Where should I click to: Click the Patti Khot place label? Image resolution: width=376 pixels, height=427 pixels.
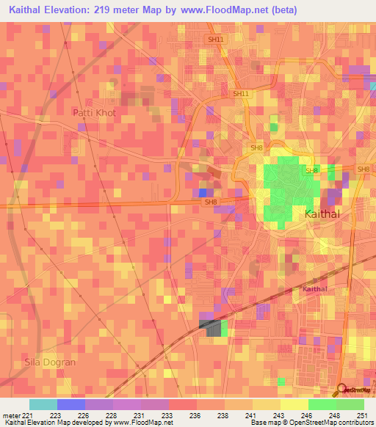coord(94,112)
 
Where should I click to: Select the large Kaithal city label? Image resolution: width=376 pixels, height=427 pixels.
coord(322,214)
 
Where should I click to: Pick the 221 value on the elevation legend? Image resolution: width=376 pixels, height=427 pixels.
coord(28,415)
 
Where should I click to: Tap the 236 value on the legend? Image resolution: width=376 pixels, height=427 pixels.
coord(195,415)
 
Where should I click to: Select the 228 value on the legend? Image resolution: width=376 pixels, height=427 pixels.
coord(112,415)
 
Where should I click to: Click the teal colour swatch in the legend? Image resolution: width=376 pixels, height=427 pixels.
coord(43,404)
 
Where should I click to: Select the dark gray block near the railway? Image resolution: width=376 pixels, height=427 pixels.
coord(210,328)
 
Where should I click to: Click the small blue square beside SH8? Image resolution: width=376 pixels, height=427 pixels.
coord(203,192)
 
